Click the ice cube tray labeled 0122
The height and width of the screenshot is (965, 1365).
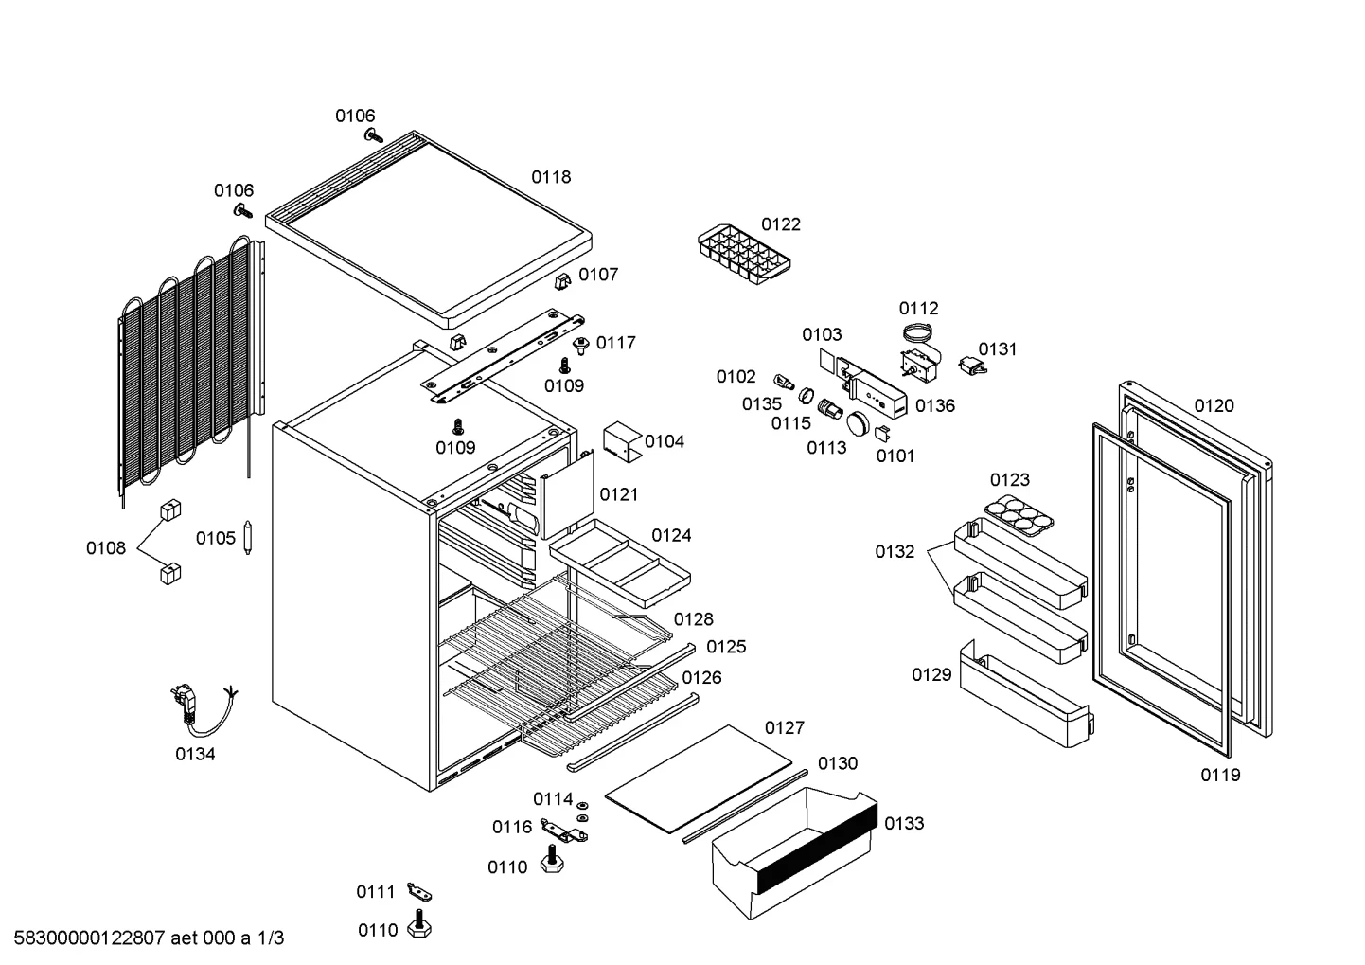click(744, 254)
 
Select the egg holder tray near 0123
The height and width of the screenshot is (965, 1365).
click(1019, 515)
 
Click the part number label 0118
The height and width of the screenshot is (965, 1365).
click(551, 177)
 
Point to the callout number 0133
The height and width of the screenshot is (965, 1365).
click(904, 824)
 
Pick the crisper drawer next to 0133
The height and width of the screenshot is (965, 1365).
click(794, 852)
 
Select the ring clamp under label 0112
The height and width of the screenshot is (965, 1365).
click(917, 332)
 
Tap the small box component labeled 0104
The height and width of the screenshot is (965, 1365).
click(622, 441)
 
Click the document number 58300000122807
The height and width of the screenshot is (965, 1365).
click(89, 938)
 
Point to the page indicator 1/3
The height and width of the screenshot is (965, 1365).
click(271, 938)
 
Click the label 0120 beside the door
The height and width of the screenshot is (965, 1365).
click(1214, 406)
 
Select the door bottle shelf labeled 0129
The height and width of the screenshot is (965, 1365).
click(1026, 694)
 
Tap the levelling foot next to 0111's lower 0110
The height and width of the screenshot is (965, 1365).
click(419, 923)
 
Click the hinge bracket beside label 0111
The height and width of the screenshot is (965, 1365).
click(419, 892)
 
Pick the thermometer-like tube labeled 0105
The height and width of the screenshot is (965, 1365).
click(247, 537)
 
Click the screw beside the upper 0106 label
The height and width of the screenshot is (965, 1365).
click(374, 135)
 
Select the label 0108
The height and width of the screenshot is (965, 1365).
click(106, 548)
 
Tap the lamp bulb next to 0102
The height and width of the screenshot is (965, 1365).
click(784, 383)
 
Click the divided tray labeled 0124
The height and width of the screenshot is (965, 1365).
click(620, 563)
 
